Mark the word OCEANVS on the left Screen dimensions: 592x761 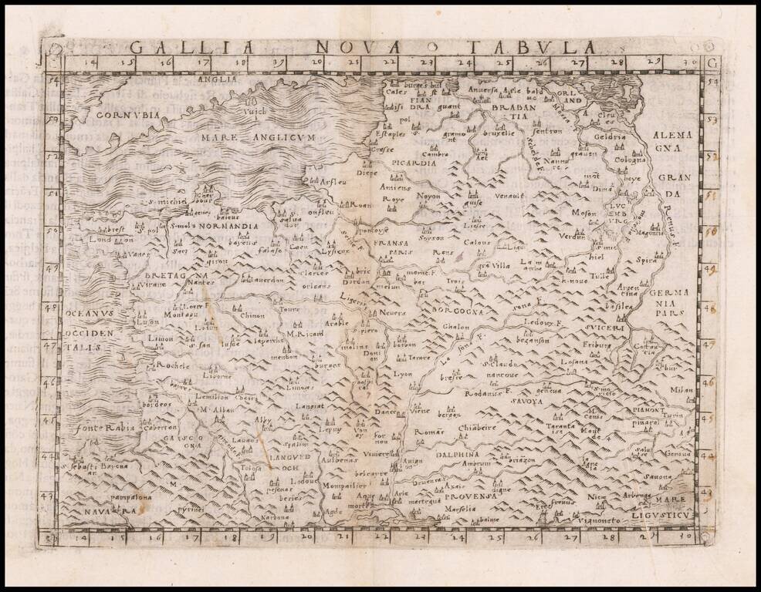click(x=91, y=314)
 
